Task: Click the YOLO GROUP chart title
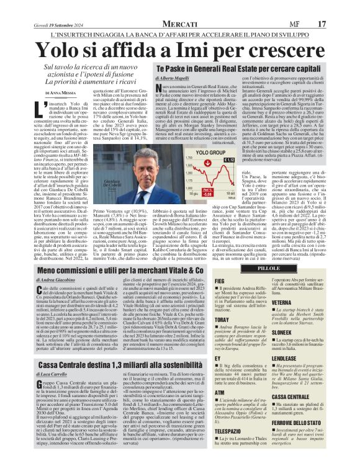tap(210, 152)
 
